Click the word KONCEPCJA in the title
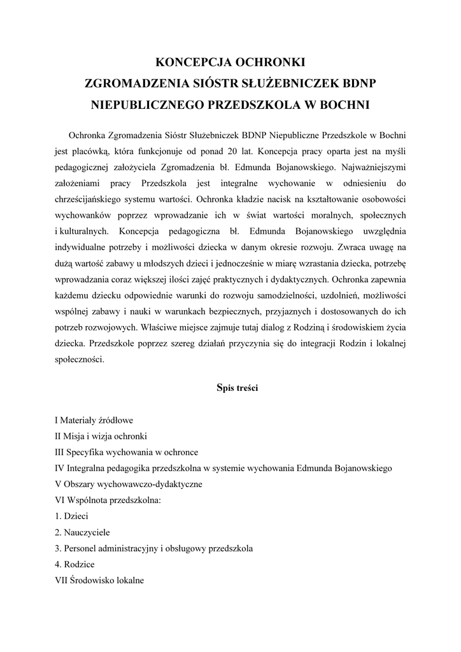click(x=194, y=62)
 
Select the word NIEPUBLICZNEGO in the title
click(x=145, y=103)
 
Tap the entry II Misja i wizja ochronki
click(x=102, y=436)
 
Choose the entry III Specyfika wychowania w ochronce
click(x=127, y=452)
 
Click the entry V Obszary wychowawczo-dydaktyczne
click(x=129, y=485)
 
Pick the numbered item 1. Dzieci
click(x=72, y=516)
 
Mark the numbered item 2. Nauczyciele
click(x=82, y=532)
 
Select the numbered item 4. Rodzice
click(x=75, y=565)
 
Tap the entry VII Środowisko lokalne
click(x=100, y=581)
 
